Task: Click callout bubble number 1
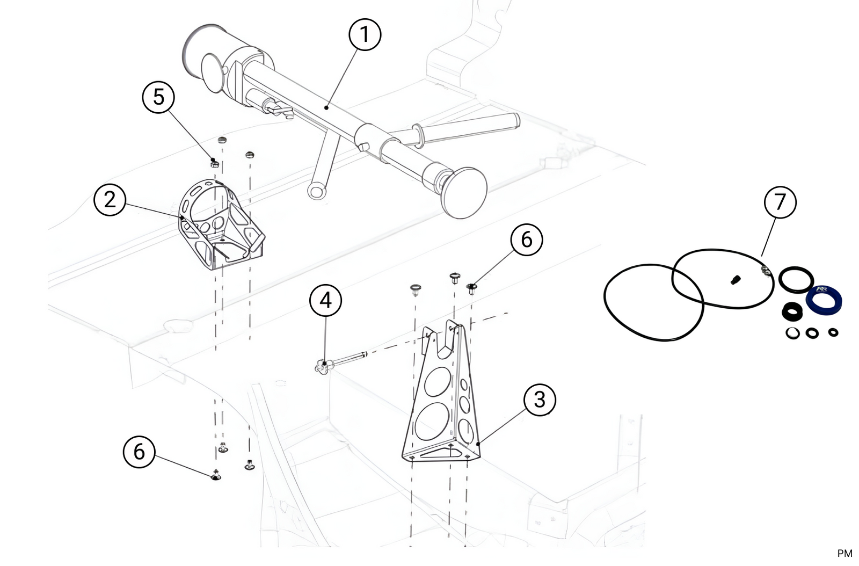[365, 35]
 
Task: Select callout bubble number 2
[110, 200]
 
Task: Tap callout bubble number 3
[539, 400]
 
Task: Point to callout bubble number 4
[325, 300]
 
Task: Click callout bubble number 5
[158, 97]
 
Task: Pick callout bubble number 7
[780, 202]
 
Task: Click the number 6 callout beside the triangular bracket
[526, 239]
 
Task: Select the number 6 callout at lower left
[139, 452]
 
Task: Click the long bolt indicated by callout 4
[344, 359]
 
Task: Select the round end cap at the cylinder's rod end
[464, 192]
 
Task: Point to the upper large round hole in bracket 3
[438, 382]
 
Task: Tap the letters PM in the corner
[844, 553]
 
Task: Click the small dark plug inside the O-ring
[736, 279]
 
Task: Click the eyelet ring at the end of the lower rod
[316, 191]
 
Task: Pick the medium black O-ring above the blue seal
[796, 280]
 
